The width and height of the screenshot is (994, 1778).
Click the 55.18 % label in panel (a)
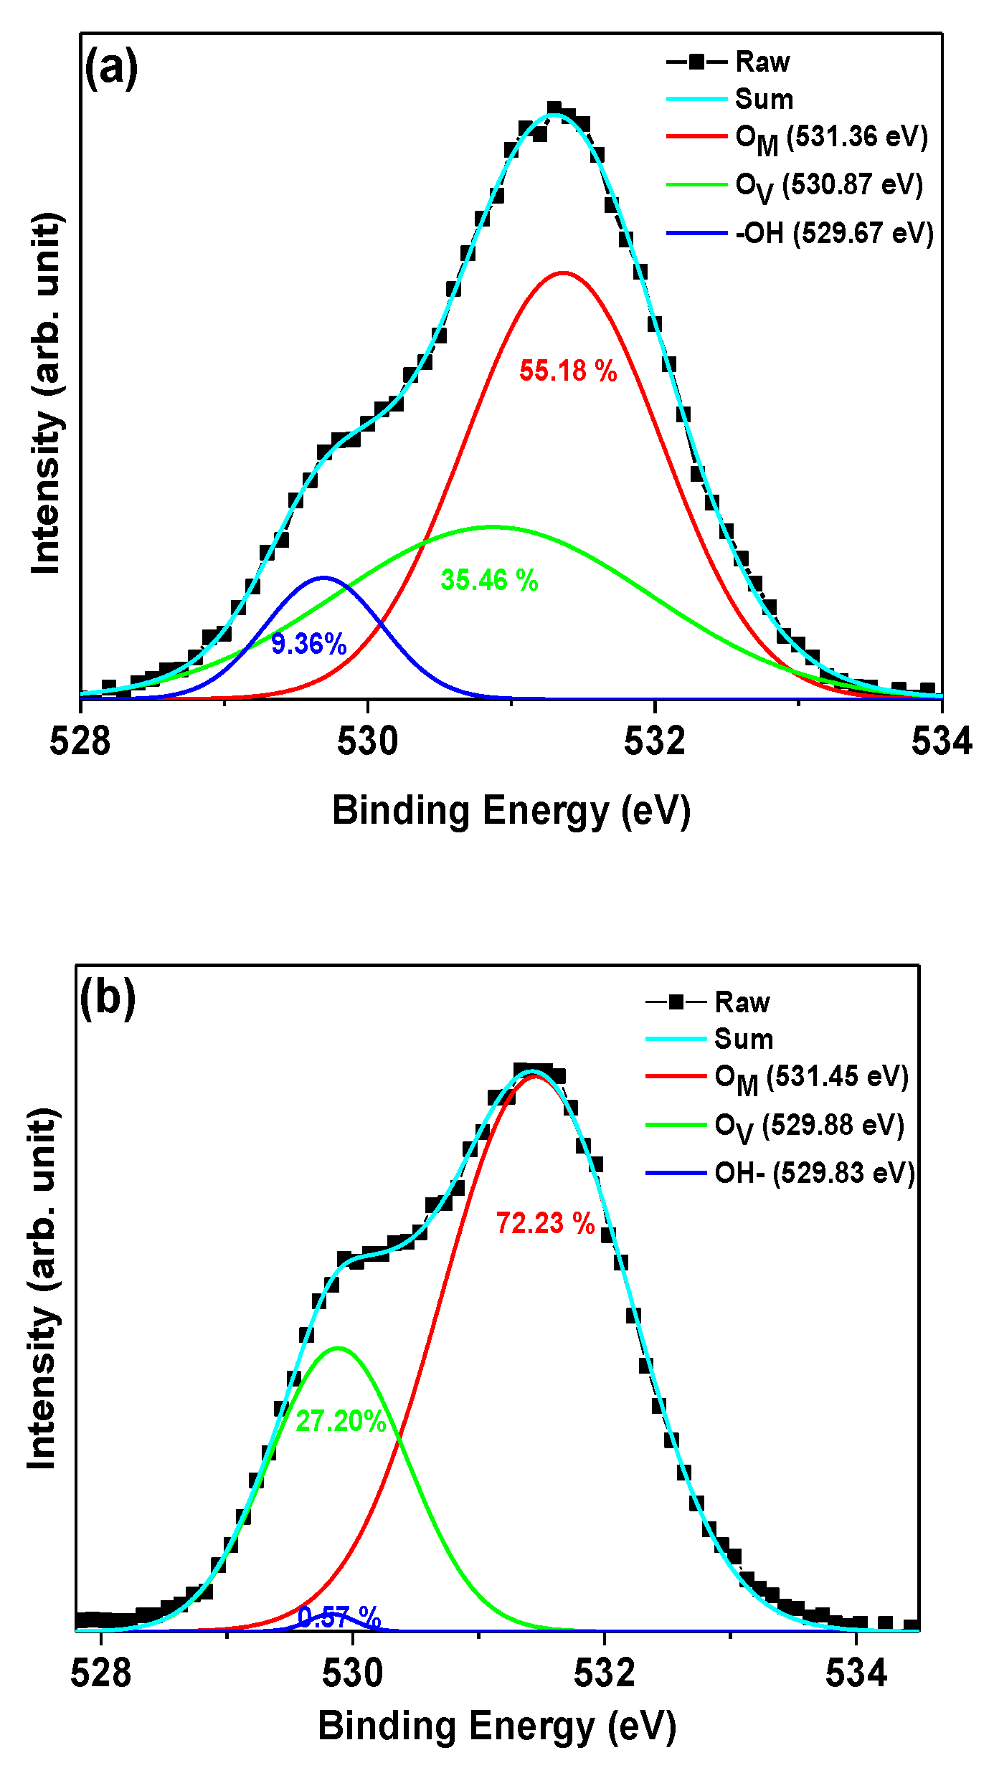(x=568, y=371)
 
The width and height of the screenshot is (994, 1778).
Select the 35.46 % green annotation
(x=489, y=580)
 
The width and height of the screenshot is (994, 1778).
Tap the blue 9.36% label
(x=309, y=644)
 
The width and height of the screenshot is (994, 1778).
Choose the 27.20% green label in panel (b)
(x=341, y=1421)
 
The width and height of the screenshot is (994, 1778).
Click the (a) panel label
(x=111, y=69)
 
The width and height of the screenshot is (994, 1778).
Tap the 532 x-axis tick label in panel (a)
(x=655, y=742)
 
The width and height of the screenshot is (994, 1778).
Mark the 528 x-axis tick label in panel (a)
(x=80, y=742)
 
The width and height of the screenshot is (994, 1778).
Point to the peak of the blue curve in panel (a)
(x=323, y=577)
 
